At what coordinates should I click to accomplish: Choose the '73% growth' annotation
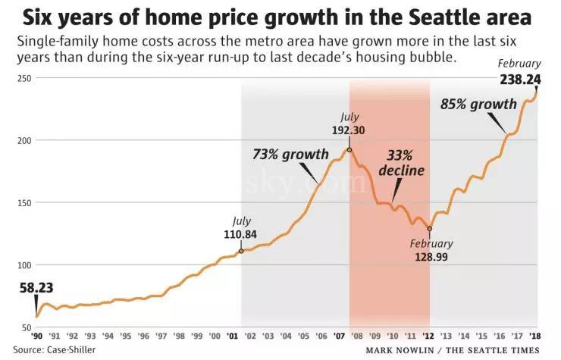290,155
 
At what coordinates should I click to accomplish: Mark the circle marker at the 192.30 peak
349,149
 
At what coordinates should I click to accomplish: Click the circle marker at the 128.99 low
429,228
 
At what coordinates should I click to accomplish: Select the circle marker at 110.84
241,251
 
